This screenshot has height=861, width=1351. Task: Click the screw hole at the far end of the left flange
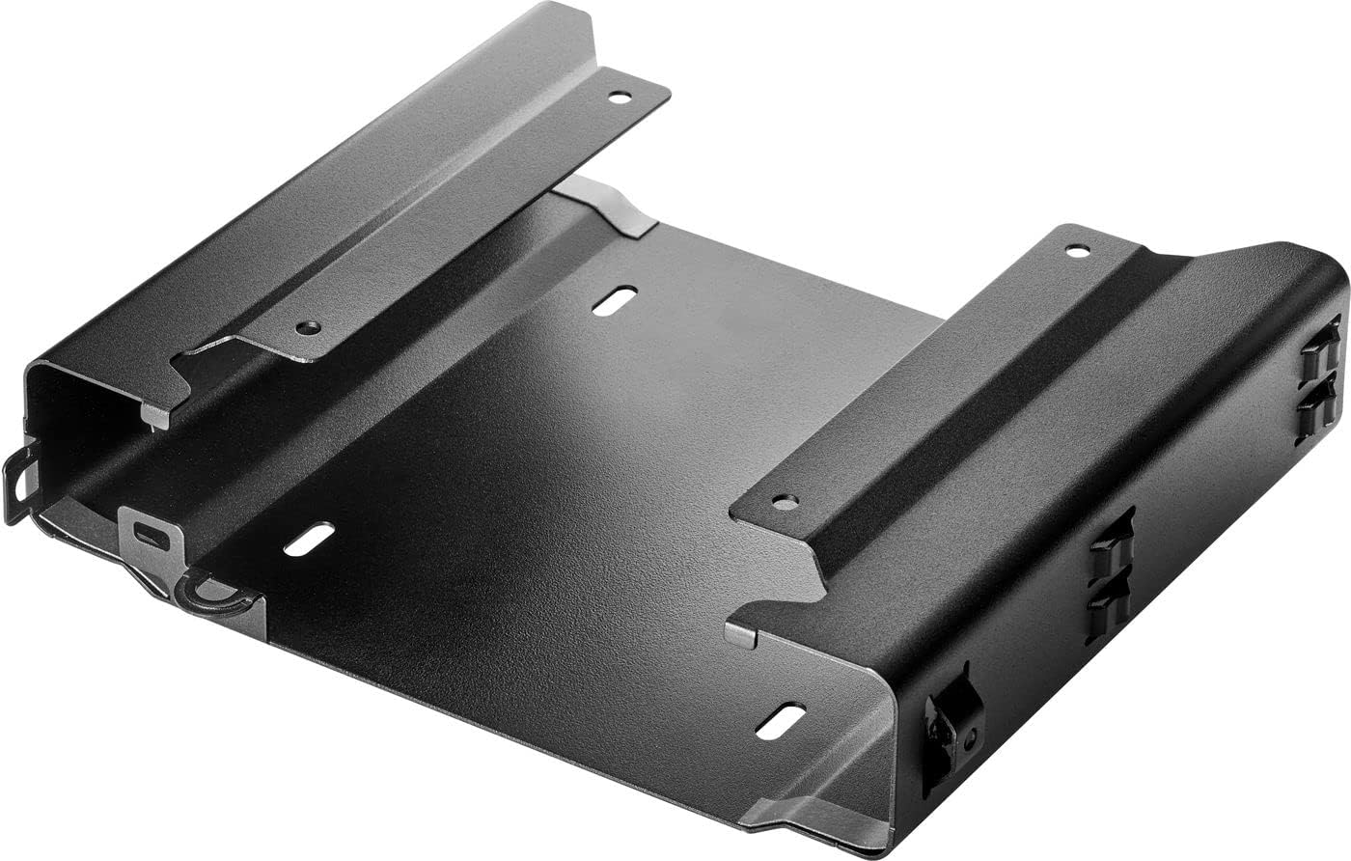[x=619, y=97]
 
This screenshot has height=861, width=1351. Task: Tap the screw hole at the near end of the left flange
[x=308, y=327]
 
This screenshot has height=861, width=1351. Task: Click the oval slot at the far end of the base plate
[x=615, y=300]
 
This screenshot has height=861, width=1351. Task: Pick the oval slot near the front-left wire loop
[x=309, y=539]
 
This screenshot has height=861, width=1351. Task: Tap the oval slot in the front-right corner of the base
[x=780, y=721]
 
